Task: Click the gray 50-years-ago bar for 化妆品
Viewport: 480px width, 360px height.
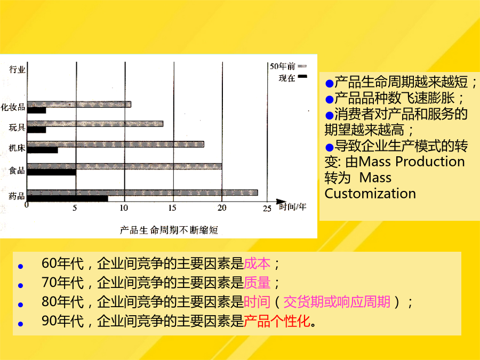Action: (79, 105)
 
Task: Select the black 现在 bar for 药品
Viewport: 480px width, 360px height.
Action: (67, 199)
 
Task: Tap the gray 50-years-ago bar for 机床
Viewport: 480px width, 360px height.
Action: (115, 144)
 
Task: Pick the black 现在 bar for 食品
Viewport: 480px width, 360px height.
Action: (51, 172)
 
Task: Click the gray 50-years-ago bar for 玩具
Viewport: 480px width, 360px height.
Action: (95, 124)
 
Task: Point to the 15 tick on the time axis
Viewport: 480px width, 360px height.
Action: (172, 208)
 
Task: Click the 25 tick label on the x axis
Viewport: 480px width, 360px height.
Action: (267, 209)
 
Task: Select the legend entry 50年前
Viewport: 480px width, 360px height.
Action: (288, 66)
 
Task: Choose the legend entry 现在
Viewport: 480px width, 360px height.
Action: (292, 78)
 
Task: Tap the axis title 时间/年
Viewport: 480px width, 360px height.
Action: (292, 207)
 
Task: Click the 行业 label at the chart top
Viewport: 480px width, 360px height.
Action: (17, 69)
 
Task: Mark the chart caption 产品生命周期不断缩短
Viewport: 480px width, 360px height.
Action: (169, 230)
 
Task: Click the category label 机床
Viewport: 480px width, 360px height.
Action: (17, 148)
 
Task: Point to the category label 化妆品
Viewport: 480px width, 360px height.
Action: (13, 107)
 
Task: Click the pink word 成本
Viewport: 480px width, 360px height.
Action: (257, 263)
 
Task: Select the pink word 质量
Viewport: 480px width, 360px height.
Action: (257, 283)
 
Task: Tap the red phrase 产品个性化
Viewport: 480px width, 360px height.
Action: (277, 321)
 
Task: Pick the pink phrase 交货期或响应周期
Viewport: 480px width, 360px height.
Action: (337, 302)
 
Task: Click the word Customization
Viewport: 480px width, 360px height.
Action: (370, 194)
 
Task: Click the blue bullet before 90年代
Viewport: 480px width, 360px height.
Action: (20, 324)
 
